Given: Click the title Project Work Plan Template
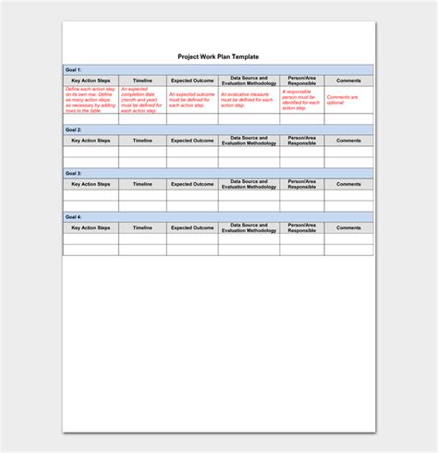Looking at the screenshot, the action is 219,56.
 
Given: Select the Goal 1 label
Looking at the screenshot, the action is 74,70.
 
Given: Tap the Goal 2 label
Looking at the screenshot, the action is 74,129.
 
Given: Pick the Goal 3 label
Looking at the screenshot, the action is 74,173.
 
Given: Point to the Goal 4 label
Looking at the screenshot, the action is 74,216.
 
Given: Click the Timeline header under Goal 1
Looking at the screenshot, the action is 142,80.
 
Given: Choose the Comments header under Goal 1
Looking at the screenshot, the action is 348,80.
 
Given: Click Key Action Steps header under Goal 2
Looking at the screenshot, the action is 90,141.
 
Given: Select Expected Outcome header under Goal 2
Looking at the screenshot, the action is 192,141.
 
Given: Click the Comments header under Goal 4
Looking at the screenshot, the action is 348,227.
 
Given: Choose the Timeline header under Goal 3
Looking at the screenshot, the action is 142,184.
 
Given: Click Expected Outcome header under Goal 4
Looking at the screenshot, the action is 192,227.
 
